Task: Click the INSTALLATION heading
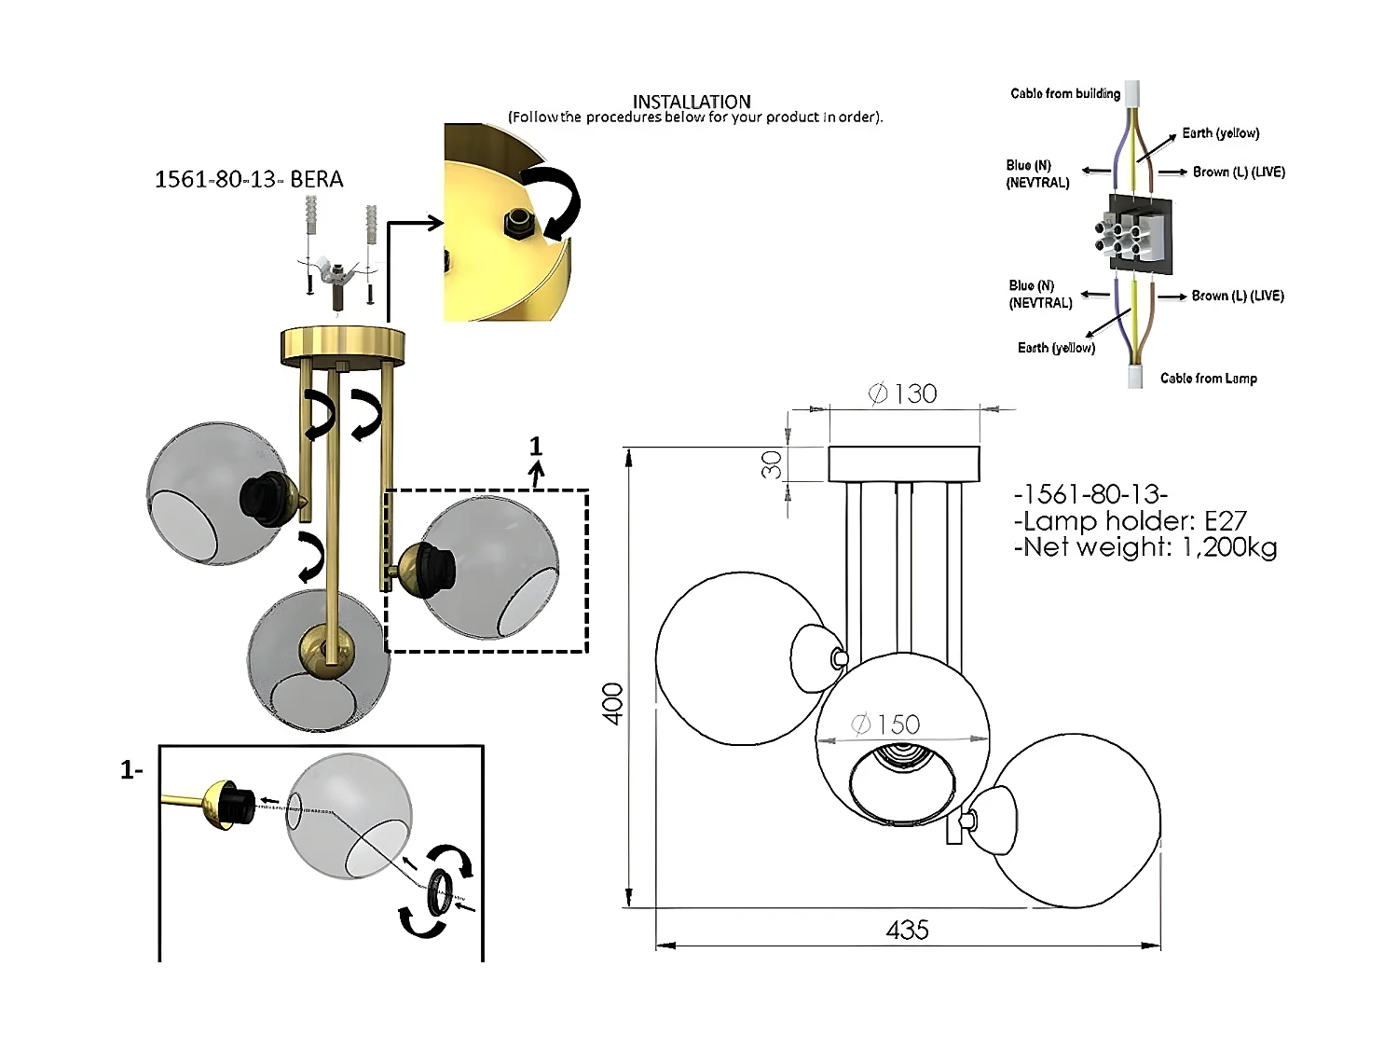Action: click(x=691, y=102)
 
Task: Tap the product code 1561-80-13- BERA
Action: click(x=249, y=180)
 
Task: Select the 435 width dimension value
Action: click(x=907, y=931)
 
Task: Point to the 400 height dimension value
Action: click(x=612, y=703)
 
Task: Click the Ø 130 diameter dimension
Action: click(x=902, y=393)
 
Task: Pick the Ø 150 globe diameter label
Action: click(x=885, y=725)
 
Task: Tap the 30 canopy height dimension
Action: click(x=772, y=464)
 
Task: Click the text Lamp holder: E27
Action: click(x=1131, y=521)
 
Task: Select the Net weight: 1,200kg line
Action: click(x=1145, y=547)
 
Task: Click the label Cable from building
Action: click(x=1065, y=93)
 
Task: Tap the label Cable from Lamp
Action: click(x=1208, y=379)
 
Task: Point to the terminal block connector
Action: click(x=1132, y=234)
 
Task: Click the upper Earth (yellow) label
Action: click(x=1220, y=133)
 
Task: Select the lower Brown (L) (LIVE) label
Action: click(x=1238, y=296)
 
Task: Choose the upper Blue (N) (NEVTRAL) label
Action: click(x=1037, y=173)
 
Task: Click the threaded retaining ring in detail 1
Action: click(x=440, y=893)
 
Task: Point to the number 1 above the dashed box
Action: click(x=536, y=446)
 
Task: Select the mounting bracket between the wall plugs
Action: click(x=337, y=272)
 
